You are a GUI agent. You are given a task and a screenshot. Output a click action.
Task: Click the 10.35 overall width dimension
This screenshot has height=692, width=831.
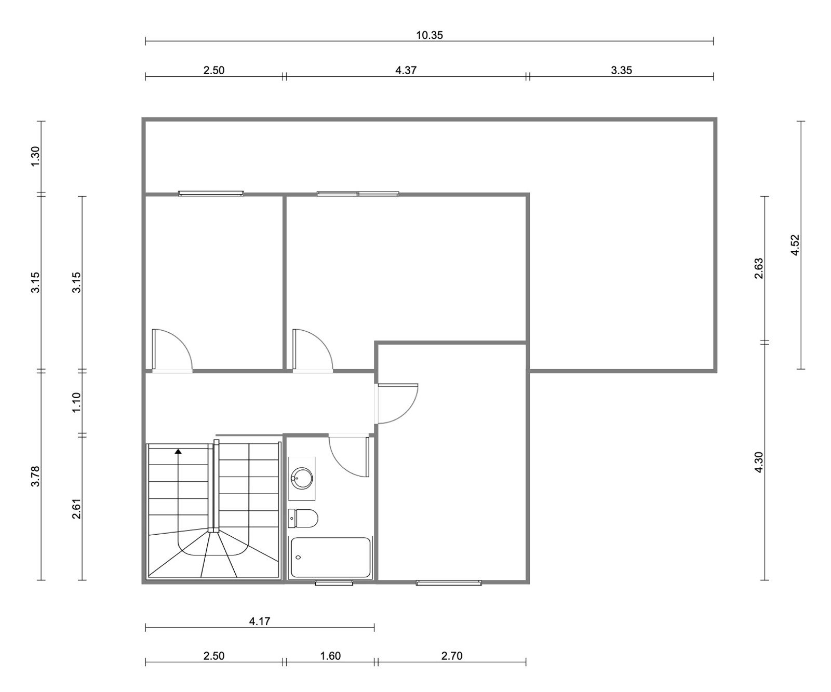point(430,35)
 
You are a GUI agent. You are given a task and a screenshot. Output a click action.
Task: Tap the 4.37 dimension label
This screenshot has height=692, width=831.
point(406,70)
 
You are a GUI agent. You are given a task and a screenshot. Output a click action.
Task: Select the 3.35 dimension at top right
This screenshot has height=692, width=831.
point(621,70)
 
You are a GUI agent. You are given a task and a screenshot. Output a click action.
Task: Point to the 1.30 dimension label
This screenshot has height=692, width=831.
point(35,157)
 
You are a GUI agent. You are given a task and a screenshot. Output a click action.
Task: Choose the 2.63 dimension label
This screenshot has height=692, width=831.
point(758,268)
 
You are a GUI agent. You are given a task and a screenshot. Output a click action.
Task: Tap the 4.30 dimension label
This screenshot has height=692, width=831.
point(758,463)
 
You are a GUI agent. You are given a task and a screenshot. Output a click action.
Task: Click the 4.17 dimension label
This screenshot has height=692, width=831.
point(260,621)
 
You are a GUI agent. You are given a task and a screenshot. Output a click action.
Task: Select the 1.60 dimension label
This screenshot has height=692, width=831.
point(330,656)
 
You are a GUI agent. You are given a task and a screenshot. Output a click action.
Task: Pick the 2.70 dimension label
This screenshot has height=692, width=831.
point(451,656)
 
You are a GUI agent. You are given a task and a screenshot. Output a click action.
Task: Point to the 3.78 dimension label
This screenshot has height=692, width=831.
point(35,476)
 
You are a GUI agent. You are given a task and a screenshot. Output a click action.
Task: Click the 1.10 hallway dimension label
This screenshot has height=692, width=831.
point(76,402)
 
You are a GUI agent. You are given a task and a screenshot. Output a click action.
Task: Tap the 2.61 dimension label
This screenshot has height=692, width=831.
point(76,508)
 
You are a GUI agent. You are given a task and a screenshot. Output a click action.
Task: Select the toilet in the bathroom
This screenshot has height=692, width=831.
point(303,518)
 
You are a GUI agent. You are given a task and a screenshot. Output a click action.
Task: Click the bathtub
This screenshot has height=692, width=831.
point(331,558)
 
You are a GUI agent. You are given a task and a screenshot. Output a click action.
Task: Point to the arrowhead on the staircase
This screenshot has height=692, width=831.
point(179,452)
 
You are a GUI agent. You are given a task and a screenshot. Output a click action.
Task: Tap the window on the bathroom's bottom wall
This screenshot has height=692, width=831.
point(334,583)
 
